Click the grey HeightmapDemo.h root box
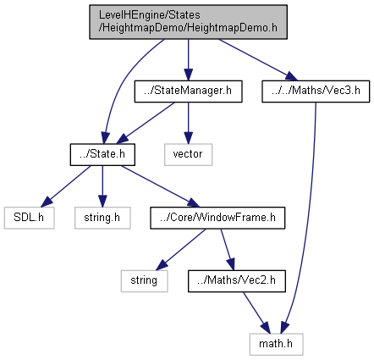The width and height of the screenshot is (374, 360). [x=188, y=22]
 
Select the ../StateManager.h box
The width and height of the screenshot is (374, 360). [x=188, y=91]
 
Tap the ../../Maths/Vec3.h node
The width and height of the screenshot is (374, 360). [x=316, y=91]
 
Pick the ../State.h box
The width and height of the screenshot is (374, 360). [x=102, y=154]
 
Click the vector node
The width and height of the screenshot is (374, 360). [x=188, y=154]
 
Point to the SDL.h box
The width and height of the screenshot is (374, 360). [x=29, y=218]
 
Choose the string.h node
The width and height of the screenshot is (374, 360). [x=102, y=218]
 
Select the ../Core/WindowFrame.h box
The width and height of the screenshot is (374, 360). [x=217, y=218]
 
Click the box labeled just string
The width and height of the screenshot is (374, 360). [x=144, y=281]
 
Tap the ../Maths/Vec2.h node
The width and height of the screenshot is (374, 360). [x=237, y=281]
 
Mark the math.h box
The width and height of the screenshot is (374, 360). [x=276, y=344]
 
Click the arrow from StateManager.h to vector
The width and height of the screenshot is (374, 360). [x=188, y=123]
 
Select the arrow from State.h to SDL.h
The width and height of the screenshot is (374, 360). [x=66, y=186]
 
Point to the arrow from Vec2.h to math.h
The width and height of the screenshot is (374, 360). [x=256, y=313]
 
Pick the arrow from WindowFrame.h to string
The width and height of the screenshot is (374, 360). [x=181, y=250]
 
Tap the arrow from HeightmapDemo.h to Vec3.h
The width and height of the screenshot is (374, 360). [x=258, y=60]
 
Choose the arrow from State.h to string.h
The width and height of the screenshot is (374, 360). [x=102, y=186]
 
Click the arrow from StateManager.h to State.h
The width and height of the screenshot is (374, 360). [x=146, y=123]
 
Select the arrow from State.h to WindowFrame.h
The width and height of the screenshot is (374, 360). [x=161, y=186]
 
